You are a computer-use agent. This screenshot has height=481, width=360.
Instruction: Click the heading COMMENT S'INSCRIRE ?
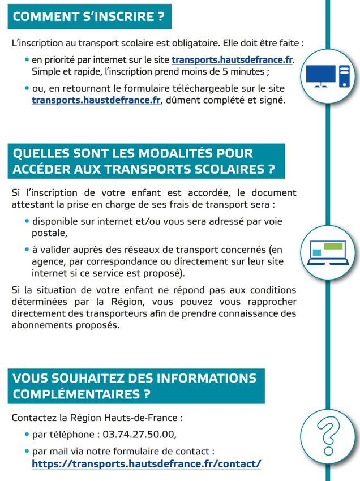click(89, 16)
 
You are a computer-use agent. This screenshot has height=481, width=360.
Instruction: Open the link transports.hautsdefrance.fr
click(232, 60)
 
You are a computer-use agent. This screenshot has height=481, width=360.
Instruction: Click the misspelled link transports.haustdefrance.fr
click(96, 101)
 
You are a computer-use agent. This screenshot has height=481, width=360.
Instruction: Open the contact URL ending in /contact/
click(147, 463)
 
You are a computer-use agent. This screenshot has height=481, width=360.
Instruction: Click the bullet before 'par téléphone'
click(26, 435)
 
